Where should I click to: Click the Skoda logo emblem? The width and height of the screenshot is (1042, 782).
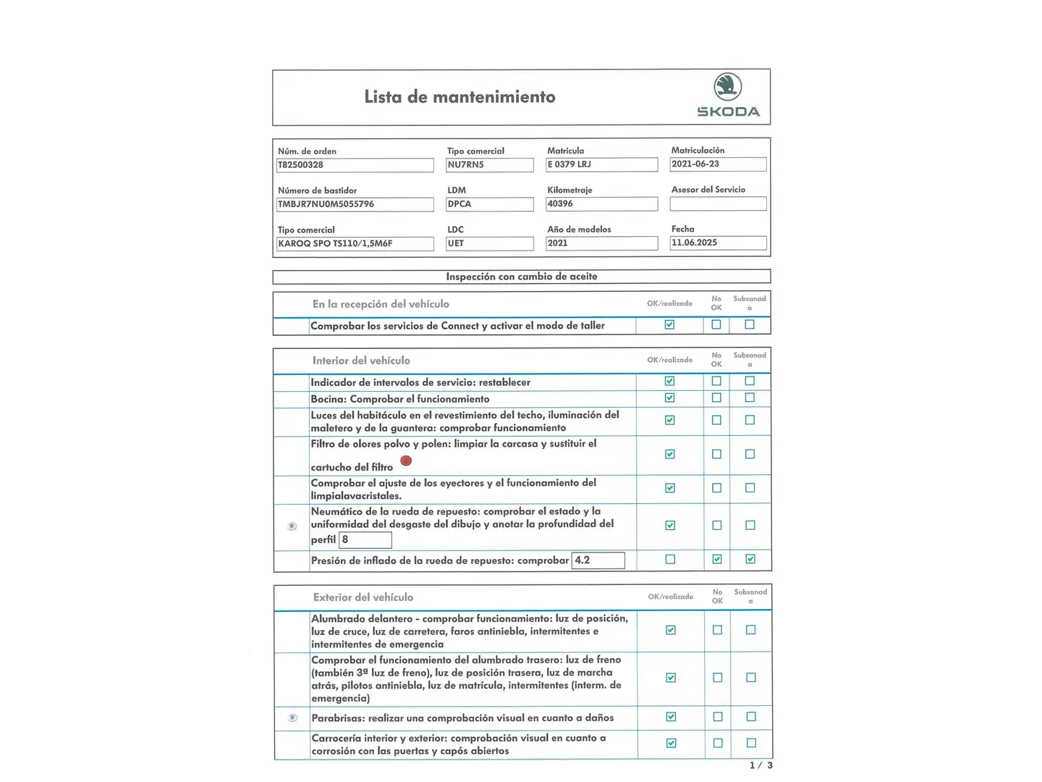coord(727,86)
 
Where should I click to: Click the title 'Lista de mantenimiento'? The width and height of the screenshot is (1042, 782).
coord(459,97)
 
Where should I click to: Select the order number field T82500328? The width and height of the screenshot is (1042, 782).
coord(355,165)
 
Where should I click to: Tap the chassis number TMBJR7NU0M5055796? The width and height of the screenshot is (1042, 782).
coord(355,204)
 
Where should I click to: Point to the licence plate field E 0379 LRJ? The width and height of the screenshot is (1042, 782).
coord(601,165)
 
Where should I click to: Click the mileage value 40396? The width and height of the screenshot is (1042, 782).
coord(601,204)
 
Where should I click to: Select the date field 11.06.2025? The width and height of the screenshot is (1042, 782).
coord(718,243)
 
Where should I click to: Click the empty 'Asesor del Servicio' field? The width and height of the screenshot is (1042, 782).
coord(718,204)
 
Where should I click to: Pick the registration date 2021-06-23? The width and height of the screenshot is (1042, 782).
coord(718,164)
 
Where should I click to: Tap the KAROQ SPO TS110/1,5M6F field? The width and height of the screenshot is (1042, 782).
coord(355,244)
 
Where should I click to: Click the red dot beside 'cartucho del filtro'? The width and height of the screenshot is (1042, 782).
coord(406,461)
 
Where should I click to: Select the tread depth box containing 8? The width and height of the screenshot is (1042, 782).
coord(365,540)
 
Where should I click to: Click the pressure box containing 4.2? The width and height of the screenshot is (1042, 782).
coord(598,560)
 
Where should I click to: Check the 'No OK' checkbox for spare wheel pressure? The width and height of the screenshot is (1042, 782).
coord(716,559)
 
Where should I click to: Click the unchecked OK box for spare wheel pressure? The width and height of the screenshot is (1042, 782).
coord(670,559)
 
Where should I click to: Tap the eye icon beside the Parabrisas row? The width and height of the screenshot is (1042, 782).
coord(292,718)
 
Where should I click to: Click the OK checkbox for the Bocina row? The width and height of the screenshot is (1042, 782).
coord(669,398)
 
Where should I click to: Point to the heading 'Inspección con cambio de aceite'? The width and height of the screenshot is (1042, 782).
coord(521,277)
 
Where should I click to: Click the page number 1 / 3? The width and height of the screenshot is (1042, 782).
coord(761,765)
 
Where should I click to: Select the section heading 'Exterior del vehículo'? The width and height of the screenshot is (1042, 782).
coord(363,597)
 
